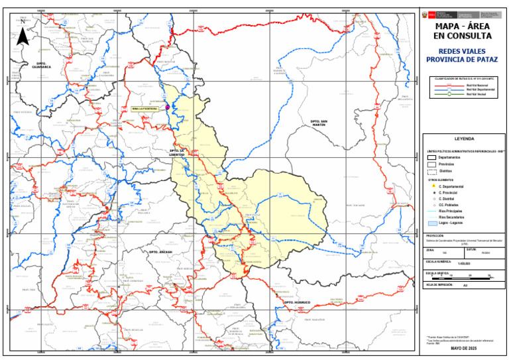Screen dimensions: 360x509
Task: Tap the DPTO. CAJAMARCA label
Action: tap(44, 66)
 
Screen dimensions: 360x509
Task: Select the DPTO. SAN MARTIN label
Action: tap(319, 123)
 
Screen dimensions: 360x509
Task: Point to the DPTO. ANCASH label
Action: tap(161, 253)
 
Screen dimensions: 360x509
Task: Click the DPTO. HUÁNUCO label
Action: tap(297, 302)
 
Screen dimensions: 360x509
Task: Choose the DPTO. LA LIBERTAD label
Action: tap(176, 152)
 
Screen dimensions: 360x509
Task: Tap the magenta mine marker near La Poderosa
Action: tap(168, 107)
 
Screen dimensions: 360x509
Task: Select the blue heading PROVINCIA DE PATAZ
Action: tap(463, 59)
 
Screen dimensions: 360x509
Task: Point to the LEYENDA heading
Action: tap(463, 139)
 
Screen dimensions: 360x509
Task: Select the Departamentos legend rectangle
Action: tap(431, 157)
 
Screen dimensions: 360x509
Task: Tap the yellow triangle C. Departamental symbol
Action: tap(431, 186)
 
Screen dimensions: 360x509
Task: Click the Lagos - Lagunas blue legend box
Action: tap(431, 223)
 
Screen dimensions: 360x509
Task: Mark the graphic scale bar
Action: tap(461, 274)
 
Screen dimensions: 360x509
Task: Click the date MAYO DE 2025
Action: tap(463, 348)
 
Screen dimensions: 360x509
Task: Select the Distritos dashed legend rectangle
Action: tap(431, 171)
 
